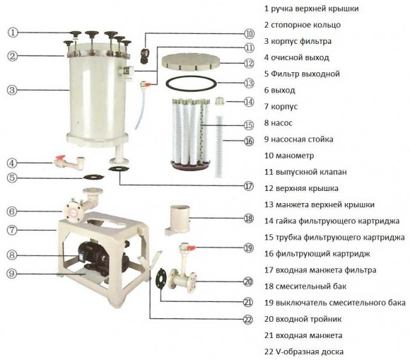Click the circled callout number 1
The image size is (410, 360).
(x=14, y=33)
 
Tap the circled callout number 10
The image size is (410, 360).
(x=249, y=33)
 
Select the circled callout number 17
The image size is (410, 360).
(x=248, y=187)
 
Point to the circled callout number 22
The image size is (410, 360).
(x=248, y=319)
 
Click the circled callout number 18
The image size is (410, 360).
(x=248, y=219)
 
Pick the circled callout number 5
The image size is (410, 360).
(x=14, y=178)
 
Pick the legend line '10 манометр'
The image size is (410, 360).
(x=289, y=156)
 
